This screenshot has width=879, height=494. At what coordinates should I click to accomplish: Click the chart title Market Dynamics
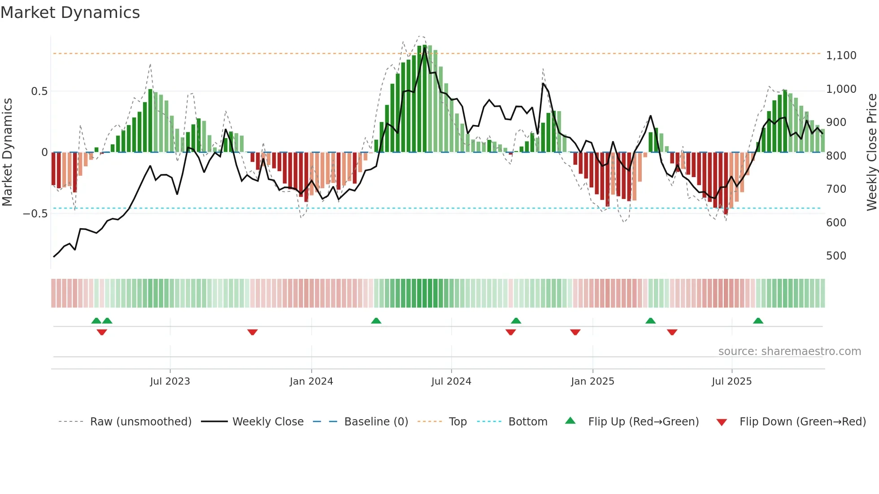pyautogui.click(x=70, y=13)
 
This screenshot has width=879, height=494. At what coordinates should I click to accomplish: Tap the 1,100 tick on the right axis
pyautogui.click(x=841, y=56)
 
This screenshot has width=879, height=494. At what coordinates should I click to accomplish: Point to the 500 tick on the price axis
pyautogui.click(x=836, y=256)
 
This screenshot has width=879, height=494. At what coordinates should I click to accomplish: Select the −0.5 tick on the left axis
pyautogui.click(x=35, y=214)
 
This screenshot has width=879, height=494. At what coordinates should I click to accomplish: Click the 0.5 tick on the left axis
pyautogui.click(x=39, y=91)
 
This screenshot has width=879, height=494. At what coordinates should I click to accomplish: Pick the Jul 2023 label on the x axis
pyautogui.click(x=170, y=381)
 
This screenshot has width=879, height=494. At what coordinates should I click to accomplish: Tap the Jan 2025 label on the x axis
pyautogui.click(x=592, y=381)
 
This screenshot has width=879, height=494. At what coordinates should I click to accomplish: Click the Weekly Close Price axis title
pyautogui.click(x=871, y=152)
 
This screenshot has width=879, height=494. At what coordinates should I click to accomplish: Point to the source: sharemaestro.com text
pyautogui.click(x=789, y=351)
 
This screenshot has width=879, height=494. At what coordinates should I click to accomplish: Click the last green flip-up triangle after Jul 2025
pyautogui.click(x=758, y=321)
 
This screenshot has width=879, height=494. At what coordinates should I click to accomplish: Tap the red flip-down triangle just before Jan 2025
pyautogui.click(x=575, y=332)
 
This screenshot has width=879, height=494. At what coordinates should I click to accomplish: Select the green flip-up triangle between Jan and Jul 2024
pyautogui.click(x=376, y=321)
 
